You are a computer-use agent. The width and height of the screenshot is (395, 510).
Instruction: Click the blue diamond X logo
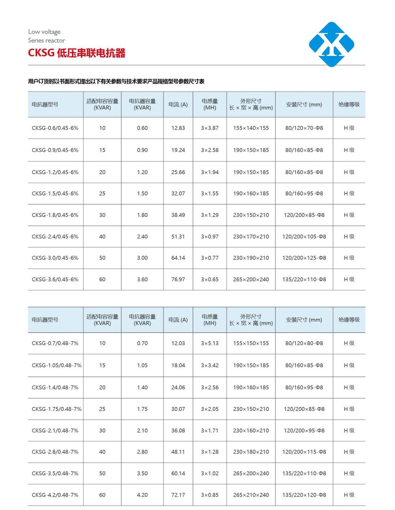[331, 44]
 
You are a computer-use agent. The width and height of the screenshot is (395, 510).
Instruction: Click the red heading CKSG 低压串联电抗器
[77, 53]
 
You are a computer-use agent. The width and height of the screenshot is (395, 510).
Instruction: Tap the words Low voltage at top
[44, 32]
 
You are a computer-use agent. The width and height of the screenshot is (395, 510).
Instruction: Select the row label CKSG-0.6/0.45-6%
[55, 128]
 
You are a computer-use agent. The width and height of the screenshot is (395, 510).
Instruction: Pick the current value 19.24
[178, 150]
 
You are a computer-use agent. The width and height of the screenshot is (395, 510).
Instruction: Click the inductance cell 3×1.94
[210, 172]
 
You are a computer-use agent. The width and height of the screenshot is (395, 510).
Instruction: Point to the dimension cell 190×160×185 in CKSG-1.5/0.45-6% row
[251, 194]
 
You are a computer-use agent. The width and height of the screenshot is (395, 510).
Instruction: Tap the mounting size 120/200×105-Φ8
[304, 237]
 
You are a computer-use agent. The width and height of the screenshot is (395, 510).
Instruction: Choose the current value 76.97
[178, 279]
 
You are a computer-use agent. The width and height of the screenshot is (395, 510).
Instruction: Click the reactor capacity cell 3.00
[142, 258]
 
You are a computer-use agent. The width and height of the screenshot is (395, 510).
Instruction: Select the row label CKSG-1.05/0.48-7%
[56, 365]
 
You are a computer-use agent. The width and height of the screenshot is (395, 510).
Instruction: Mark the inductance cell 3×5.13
[210, 343]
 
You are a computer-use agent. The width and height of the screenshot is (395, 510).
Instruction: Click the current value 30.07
[178, 409]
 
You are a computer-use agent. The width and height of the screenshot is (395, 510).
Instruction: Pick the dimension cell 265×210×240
[251, 495]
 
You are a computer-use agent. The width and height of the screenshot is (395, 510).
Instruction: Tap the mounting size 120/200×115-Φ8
[304, 452]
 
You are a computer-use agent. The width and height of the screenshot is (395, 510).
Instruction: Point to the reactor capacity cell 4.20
[142, 495]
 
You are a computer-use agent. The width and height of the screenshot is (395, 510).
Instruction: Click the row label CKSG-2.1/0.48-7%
[55, 431]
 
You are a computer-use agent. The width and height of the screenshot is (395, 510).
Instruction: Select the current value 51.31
[178, 237]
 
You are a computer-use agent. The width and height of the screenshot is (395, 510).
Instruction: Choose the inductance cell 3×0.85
[210, 495]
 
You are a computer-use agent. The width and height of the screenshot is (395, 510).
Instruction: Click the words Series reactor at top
[46, 40]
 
